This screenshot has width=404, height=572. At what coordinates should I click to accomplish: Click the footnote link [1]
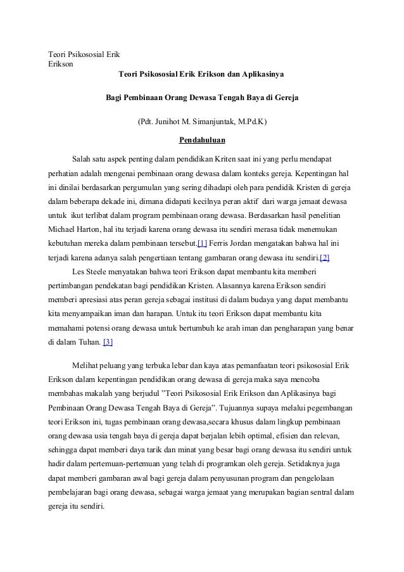(202, 243)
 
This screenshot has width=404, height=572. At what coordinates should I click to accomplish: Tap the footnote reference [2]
(324, 258)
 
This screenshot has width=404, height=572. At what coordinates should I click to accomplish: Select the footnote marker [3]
(108, 343)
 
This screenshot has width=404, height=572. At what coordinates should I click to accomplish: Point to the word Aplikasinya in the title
(262, 75)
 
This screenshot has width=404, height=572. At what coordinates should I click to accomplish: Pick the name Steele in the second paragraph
(99, 272)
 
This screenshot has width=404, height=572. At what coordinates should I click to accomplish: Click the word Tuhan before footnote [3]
(87, 343)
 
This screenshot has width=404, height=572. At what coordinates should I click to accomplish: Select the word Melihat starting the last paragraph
(87, 367)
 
